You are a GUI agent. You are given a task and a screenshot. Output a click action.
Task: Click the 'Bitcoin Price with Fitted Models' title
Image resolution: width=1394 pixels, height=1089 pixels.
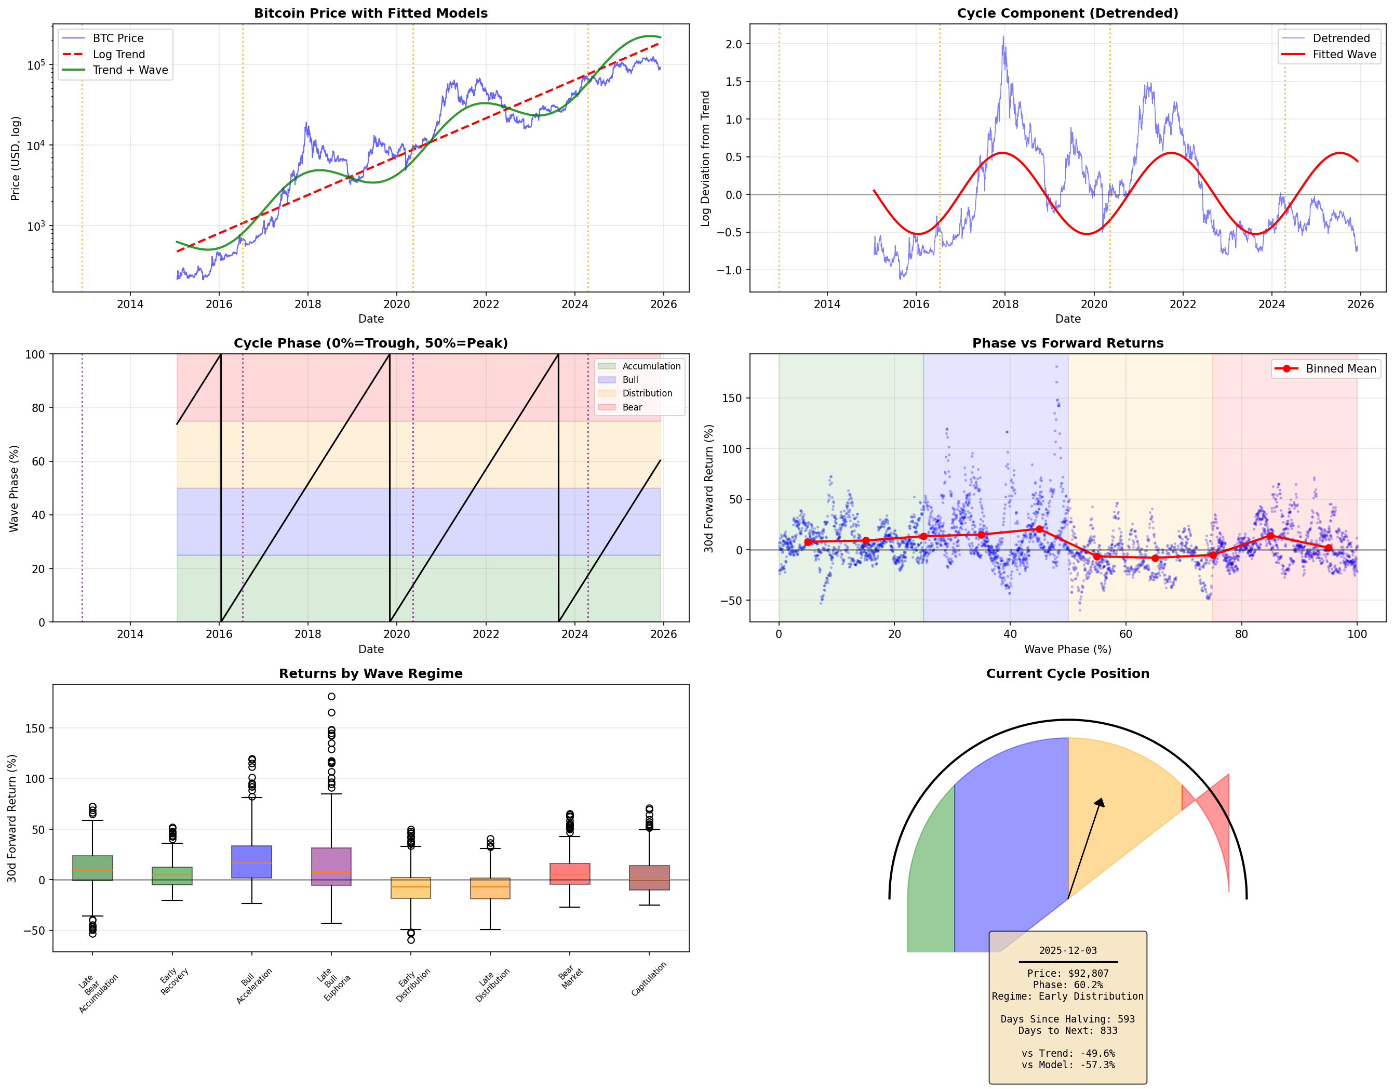tap(370, 14)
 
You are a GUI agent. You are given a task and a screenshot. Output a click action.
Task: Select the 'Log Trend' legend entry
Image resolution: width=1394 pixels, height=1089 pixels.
tap(119, 54)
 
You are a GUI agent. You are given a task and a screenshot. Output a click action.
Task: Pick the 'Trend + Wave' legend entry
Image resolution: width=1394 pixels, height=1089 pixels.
tap(130, 70)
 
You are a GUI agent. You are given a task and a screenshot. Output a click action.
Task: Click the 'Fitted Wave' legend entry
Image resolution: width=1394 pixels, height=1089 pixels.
tap(1344, 54)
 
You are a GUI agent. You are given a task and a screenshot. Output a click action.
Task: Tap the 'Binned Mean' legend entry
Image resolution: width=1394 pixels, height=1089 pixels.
tap(1341, 369)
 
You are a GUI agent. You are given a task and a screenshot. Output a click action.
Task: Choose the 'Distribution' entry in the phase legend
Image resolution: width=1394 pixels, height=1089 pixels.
tap(647, 394)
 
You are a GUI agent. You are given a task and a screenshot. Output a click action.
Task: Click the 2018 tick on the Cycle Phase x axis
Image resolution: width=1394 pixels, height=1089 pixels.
tap(307, 634)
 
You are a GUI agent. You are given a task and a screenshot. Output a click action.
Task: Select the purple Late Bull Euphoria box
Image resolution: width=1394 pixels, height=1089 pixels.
tap(331, 866)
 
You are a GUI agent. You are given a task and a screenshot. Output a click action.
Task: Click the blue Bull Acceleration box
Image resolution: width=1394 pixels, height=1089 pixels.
tap(251, 862)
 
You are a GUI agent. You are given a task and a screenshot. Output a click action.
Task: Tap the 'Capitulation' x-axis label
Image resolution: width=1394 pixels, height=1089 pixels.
tap(649, 979)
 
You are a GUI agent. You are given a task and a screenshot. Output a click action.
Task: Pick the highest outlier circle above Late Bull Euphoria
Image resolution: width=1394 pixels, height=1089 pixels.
tap(331, 696)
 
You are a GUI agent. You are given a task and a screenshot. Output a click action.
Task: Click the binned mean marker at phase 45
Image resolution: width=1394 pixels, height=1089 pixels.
tap(1039, 529)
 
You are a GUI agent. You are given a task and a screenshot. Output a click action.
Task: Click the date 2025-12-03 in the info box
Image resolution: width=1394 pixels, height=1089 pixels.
tap(1067, 950)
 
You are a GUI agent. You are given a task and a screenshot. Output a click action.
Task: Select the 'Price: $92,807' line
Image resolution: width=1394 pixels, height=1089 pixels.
tap(1067, 974)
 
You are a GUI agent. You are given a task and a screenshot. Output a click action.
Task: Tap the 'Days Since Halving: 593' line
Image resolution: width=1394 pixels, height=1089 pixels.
tap(1067, 1019)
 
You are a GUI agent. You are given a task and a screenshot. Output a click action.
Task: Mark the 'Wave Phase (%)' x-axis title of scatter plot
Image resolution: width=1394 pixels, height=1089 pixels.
tap(1067, 649)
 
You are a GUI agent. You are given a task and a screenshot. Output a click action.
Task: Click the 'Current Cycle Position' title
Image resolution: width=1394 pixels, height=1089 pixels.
tap(1067, 673)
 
